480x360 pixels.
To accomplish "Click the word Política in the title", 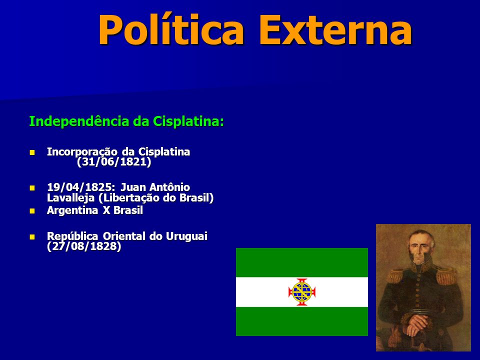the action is [171, 30].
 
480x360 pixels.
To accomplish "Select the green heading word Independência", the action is [79, 121].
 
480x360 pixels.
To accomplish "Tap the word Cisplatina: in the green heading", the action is [188, 121].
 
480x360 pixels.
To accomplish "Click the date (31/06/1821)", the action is [114, 162].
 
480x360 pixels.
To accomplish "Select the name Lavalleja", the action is [70, 198].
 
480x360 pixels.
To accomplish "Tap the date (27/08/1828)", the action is [84, 246].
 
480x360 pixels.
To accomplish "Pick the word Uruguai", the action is [186, 236].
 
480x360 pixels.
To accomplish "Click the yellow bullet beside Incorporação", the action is [32, 152].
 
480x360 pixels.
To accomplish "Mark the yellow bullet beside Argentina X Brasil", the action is [32, 211].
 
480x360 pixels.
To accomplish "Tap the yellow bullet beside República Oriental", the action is [32, 236].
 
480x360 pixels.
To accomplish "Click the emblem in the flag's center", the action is [302, 292].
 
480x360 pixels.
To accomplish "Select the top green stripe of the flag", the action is [302, 262].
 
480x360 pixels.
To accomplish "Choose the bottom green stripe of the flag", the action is [302, 321].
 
